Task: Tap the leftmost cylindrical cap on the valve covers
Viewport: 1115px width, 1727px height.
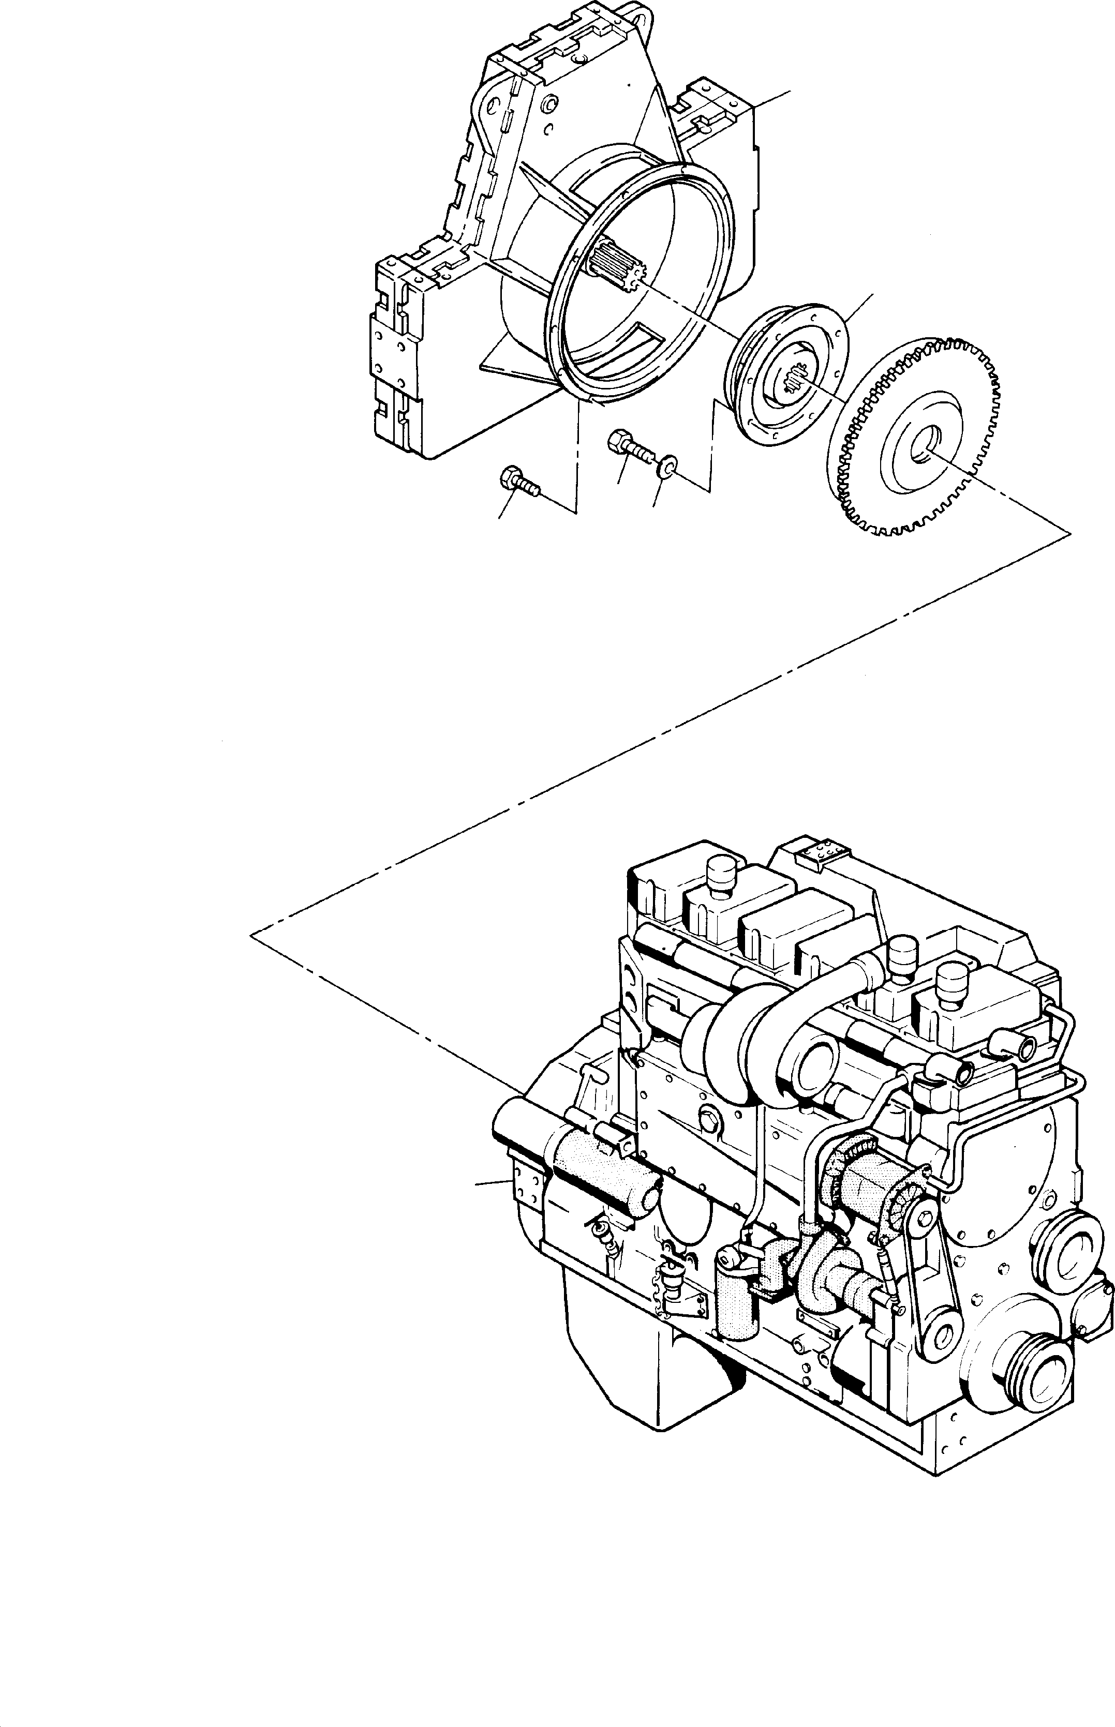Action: coord(720,874)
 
